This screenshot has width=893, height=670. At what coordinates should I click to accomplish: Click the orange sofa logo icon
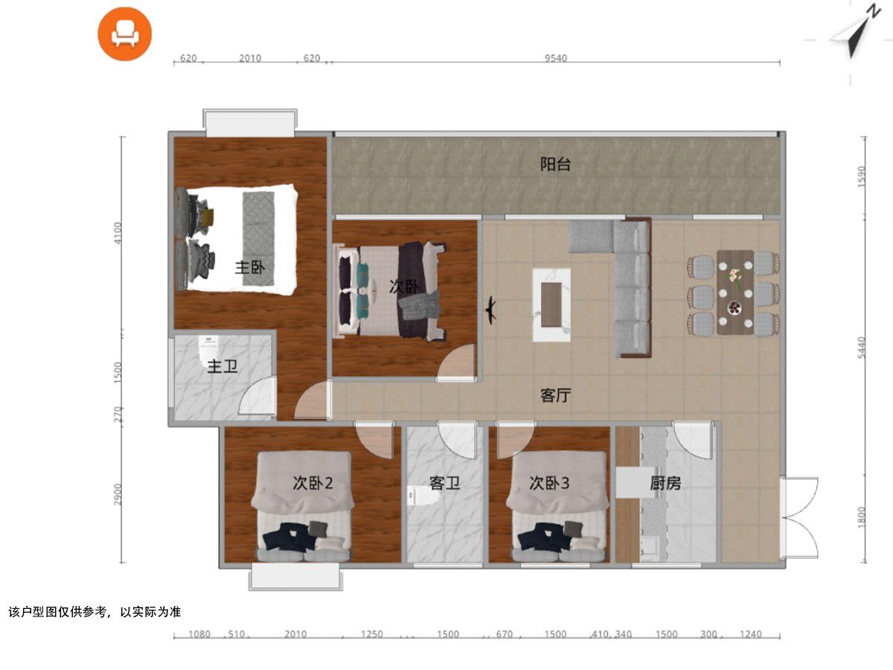pos(124,33)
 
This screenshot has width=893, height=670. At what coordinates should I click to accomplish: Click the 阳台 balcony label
pos(555,165)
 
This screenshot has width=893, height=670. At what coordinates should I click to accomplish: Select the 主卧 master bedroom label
pos(250,268)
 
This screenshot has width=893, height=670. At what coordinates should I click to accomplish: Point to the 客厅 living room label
pos(555,395)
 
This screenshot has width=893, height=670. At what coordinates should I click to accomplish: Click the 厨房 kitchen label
pos(665,483)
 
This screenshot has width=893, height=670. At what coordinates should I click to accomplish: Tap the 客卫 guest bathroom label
pos(445,483)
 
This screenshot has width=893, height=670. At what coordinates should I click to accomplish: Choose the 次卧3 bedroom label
pos(548,483)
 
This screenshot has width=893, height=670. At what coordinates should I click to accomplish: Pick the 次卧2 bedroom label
pos(313,483)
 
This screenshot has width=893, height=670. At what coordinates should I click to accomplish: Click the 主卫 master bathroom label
pos(223,366)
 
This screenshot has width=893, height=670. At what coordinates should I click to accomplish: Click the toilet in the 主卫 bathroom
pos(209,349)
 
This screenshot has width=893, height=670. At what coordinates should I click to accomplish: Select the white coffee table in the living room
pos(551,304)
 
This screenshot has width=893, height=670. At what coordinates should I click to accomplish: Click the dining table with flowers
pos(734,292)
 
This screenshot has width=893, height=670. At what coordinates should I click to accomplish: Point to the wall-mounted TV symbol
pos(490,310)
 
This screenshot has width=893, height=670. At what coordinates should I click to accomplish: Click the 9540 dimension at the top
pos(556,58)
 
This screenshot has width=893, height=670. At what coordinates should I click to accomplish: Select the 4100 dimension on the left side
pos(118,233)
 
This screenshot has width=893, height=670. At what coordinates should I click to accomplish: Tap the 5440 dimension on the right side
pos(862,348)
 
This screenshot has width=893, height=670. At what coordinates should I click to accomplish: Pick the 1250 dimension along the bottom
pos(372,634)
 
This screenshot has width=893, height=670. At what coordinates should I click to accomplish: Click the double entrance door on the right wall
pos(799,518)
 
